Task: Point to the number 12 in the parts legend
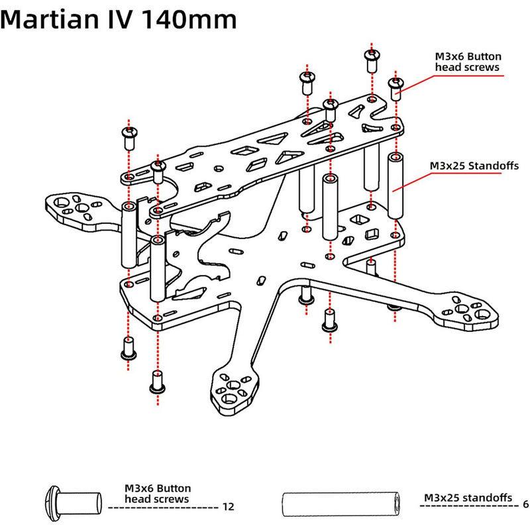tap(229, 507)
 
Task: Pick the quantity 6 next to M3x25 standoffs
tap(525, 503)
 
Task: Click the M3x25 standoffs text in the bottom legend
tap(468, 497)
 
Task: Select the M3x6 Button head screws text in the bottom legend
tap(157, 492)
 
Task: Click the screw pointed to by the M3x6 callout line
tap(396, 87)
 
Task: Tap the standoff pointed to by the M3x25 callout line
tap(396, 185)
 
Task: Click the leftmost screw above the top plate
tap(129, 136)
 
